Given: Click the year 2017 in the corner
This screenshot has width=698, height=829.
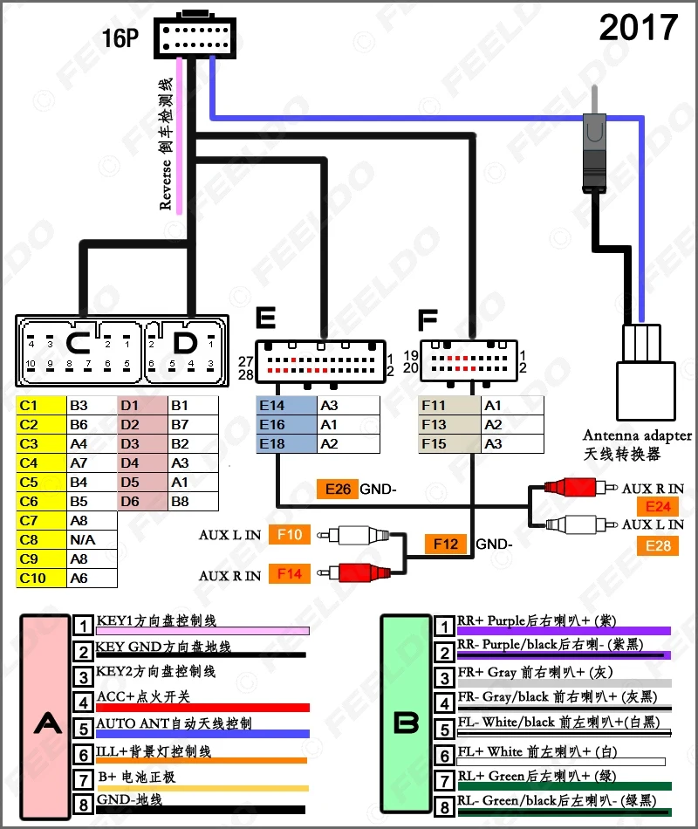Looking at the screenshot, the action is [x=639, y=28].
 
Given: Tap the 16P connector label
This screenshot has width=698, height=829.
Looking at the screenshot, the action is [x=120, y=38].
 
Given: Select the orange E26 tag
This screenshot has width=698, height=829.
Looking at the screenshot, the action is [x=338, y=489].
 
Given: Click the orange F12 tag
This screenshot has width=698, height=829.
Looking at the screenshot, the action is [x=446, y=544].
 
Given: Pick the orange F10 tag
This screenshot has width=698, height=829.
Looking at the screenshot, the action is [x=290, y=535].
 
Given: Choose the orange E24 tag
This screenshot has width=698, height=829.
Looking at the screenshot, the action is [x=658, y=506].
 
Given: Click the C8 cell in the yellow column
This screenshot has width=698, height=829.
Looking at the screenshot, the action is [x=41, y=540].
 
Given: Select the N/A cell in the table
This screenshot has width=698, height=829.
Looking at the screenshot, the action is [x=92, y=540].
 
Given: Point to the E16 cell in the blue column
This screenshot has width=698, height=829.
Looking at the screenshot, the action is [x=286, y=425].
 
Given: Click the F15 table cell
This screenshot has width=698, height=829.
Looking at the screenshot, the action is [x=449, y=443].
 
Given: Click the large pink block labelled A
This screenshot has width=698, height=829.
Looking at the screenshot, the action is [x=45, y=717].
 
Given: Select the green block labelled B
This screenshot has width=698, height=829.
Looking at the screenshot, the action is [x=406, y=713].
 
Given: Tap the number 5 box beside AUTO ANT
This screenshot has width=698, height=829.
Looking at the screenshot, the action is [x=83, y=729].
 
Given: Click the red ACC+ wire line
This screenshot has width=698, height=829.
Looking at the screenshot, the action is [x=202, y=708].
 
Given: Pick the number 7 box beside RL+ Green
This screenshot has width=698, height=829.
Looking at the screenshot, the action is [x=444, y=781].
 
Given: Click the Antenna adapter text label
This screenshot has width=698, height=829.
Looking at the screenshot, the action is [x=637, y=435].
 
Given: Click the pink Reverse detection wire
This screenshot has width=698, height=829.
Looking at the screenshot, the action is [x=179, y=136].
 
